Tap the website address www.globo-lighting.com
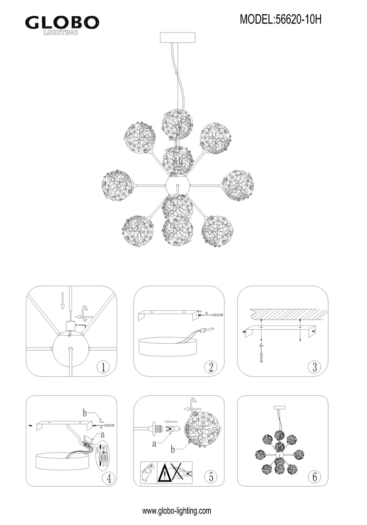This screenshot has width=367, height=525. point(177,511)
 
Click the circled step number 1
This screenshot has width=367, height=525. point(103,367)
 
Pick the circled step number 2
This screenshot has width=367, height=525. point(211,367)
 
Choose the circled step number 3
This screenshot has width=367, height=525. point(314,367)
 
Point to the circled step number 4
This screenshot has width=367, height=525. point(108,477)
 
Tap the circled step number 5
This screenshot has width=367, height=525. point(211,477)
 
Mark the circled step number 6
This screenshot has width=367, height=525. point(314,477)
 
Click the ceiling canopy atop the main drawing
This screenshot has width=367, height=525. point(178,37)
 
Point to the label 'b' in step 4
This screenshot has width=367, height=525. point(85,413)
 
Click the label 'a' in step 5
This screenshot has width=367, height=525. point(154,444)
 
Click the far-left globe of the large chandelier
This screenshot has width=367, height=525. point(117,186)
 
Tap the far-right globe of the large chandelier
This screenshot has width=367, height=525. point(238,186)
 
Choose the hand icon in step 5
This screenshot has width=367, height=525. point(149,472)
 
